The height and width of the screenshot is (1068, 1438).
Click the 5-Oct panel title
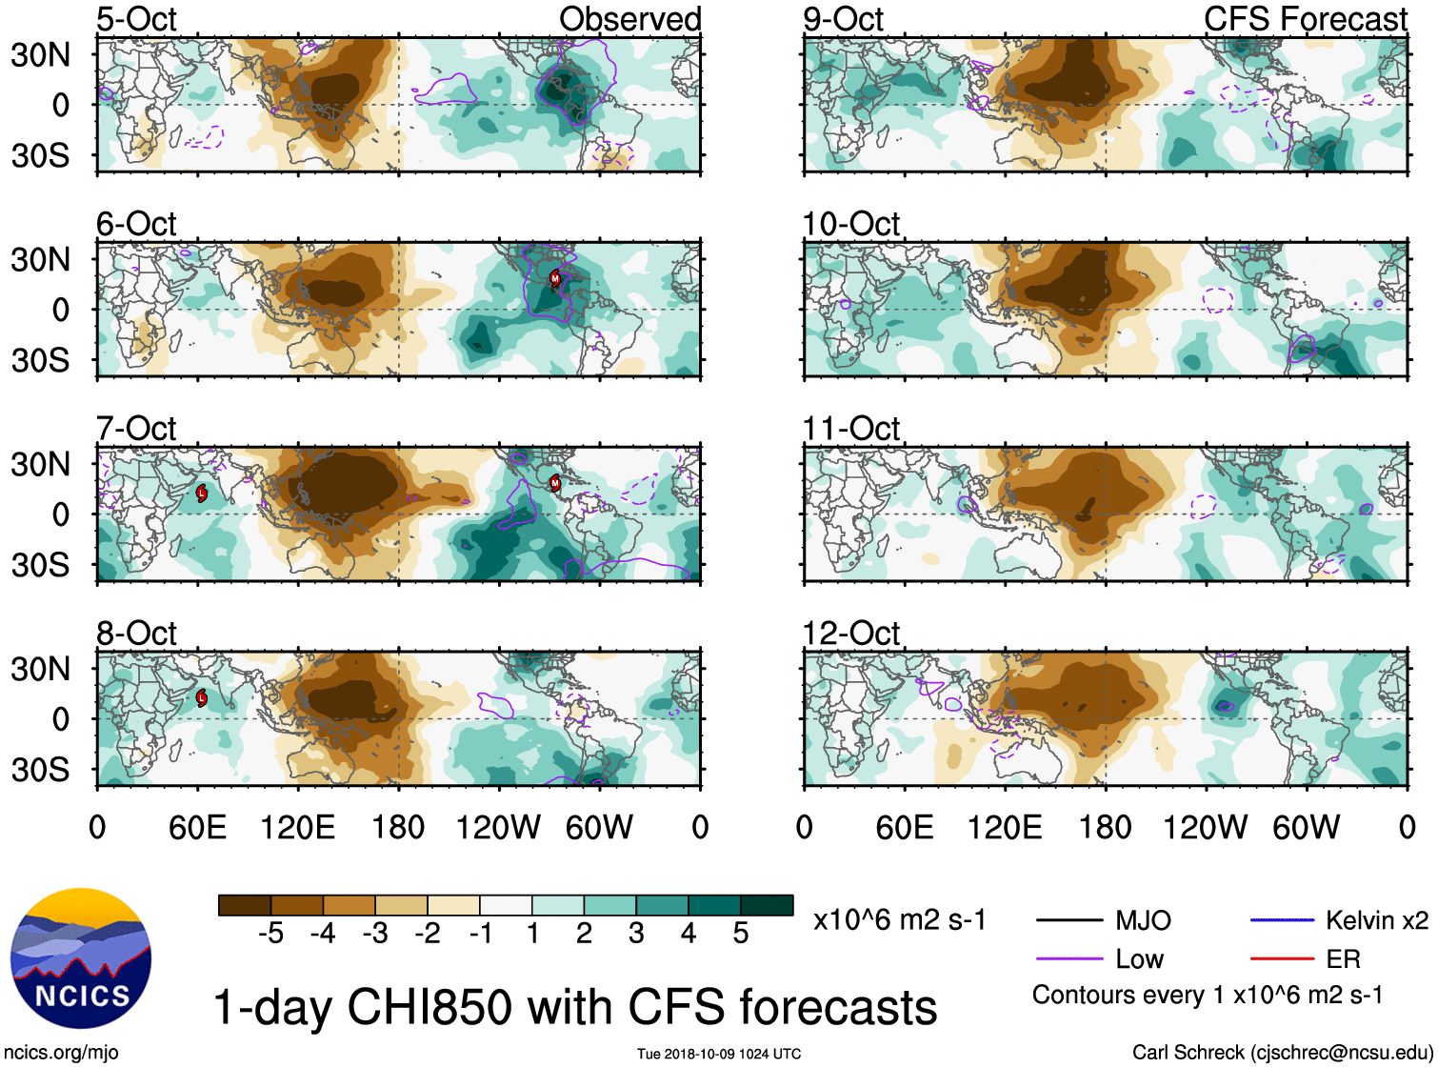pyautogui.click(x=136, y=19)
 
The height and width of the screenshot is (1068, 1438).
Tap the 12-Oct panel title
pyautogui.click(x=850, y=634)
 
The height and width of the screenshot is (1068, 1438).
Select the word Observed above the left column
pyautogui.click(x=629, y=19)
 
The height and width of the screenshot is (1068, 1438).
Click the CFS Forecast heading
pyautogui.click(x=1305, y=19)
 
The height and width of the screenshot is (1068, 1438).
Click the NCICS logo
pyautogui.click(x=81, y=958)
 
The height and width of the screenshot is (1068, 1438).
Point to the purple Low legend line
pyautogui.click(x=1069, y=958)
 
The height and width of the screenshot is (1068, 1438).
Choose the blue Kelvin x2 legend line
pyautogui.click(x=1282, y=920)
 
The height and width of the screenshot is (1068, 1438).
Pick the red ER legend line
pyautogui.click(x=1282, y=958)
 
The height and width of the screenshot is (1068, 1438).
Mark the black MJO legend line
pyautogui.click(x=1069, y=920)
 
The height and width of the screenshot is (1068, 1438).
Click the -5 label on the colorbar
pyautogui.click(x=270, y=934)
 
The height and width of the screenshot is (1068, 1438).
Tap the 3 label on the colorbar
pyautogui.click(x=636, y=934)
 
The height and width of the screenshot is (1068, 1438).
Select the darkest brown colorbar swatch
pyautogui.click(x=245, y=905)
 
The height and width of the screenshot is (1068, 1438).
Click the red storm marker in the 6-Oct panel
pyautogui.click(x=555, y=278)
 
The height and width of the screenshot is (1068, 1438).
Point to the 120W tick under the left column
pyautogui.click(x=498, y=827)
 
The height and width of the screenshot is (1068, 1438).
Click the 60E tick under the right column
pyautogui.click(x=904, y=827)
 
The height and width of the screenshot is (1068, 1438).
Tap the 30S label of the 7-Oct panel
pyautogui.click(x=40, y=565)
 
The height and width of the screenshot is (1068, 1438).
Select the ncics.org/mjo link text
pyautogui.click(x=61, y=1053)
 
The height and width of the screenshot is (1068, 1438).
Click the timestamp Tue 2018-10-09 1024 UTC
pyautogui.click(x=719, y=1054)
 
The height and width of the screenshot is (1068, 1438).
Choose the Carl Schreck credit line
pyautogui.click(x=1282, y=1053)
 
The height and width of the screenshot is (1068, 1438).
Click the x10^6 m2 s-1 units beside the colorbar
pyautogui.click(x=899, y=920)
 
